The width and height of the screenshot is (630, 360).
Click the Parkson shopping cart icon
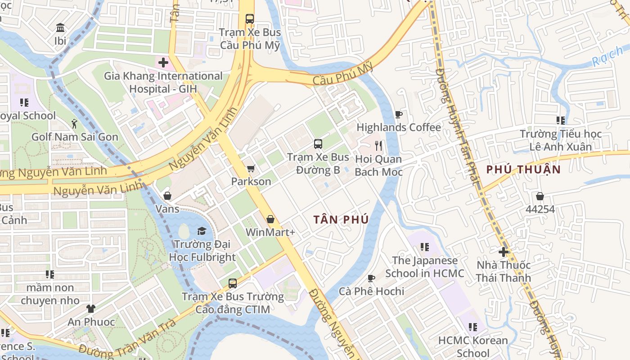(251, 169)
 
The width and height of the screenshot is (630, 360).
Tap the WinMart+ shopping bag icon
(270, 219)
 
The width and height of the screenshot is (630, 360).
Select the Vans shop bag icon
(167, 196)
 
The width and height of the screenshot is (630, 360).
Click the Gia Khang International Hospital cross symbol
(163, 63)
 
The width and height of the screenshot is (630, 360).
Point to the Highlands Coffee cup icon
(398, 114)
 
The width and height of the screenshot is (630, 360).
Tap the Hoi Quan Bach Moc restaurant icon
(378, 145)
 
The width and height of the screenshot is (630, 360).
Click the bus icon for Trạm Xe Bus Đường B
(318, 144)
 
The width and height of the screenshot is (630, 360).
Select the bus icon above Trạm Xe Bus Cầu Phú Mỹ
(250, 19)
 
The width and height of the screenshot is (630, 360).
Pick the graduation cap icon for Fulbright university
(202, 231)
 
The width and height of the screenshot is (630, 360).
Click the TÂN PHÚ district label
(341, 220)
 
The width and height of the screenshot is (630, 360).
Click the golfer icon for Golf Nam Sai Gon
(74, 124)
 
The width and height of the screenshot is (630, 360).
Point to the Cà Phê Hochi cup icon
(371, 278)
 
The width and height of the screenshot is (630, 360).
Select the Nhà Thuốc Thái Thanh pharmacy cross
(504, 252)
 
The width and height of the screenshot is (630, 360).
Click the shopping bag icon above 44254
(540, 196)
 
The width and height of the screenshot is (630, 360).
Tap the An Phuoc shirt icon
(91, 309)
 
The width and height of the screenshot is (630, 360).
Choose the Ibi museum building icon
(60, 28)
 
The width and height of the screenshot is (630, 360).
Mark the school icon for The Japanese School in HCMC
(424, 247)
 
